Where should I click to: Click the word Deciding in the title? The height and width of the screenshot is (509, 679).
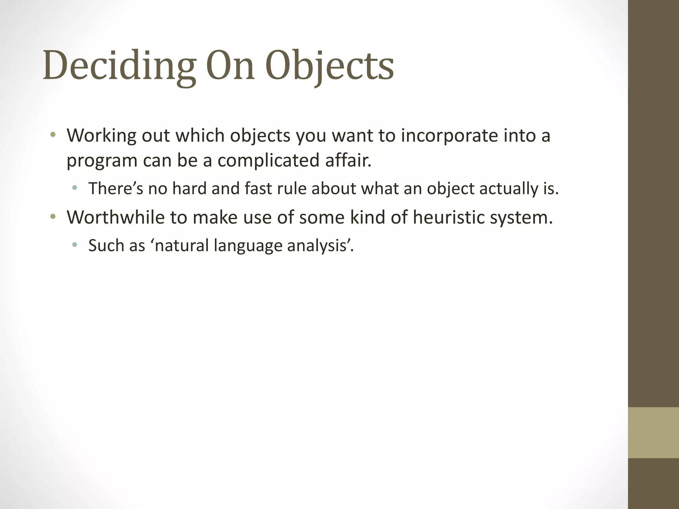pos(118,65)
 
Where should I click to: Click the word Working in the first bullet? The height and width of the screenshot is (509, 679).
pos(101,136)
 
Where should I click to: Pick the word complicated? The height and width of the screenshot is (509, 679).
pos(268,160)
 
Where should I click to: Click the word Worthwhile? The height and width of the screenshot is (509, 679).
pos(116,217)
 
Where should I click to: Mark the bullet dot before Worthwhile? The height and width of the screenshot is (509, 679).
pos(53,217)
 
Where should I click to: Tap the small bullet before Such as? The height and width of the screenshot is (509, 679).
pos(75,245)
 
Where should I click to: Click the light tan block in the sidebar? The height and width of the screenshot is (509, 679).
pos(653,433)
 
